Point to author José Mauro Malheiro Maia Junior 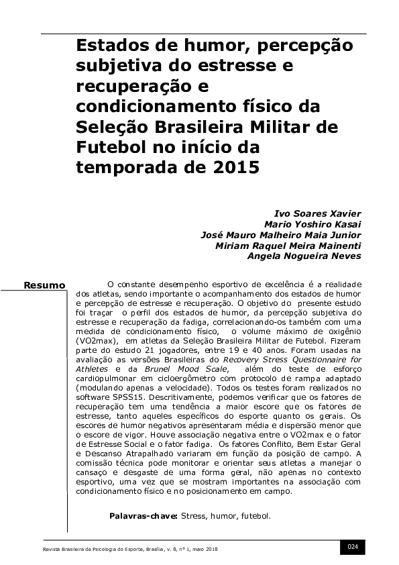click(x=281, y=235)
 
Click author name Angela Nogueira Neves click(x=304, y=256)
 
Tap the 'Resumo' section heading click(x=45, y=286)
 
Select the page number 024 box click(x=352, y=547)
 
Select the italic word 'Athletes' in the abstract click(x=91, y=369)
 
